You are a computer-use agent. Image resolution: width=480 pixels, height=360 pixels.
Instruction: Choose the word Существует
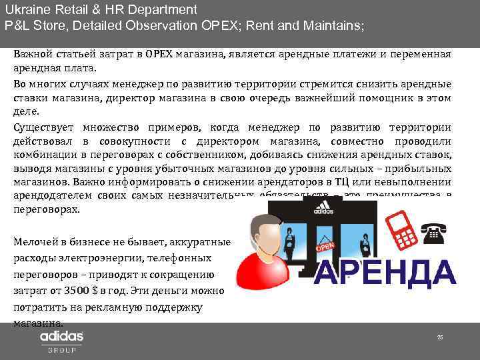[x=45, y=127]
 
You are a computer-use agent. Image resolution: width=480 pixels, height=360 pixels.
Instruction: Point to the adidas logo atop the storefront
[x=324, y=207]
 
